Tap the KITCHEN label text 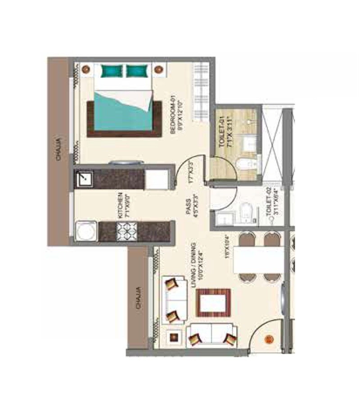point(121,208)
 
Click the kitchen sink point(84,179)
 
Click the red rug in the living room point(213,303)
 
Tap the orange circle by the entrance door point(269,339)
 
